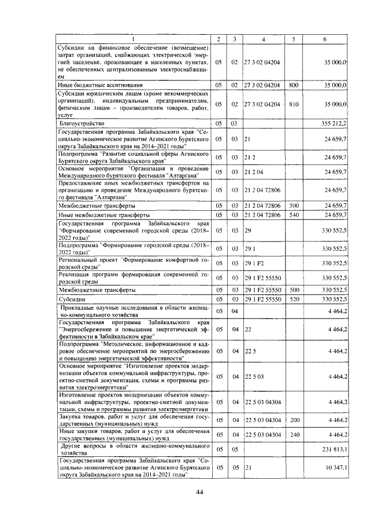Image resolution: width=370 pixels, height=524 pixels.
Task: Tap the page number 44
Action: [x=199, y=492]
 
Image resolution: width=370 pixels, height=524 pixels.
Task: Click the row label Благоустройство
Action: [x=87, y=123]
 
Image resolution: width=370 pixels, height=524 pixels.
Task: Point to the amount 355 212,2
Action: [x=334, y=123]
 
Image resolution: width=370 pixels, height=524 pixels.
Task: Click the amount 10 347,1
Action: [x=335, y=467]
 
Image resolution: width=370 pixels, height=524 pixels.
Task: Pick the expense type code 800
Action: [x=294, y=85]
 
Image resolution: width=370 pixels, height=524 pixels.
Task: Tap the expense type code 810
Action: [x=294, y=104]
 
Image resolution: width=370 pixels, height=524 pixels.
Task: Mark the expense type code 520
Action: [x=294, y=299]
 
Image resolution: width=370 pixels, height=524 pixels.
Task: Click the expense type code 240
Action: [x=294, y=434]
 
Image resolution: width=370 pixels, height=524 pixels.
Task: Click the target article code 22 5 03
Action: [x=254, y=377]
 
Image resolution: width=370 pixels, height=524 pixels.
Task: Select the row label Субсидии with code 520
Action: [x=72, y=299]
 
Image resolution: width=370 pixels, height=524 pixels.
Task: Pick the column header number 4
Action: [x=263, y=39]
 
